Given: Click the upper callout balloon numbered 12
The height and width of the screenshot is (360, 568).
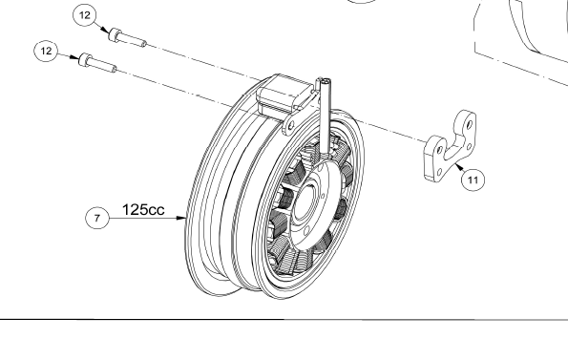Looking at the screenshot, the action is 84,15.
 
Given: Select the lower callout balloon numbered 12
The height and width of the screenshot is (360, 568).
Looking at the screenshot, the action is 46,51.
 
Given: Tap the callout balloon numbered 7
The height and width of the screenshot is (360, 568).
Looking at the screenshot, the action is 96,218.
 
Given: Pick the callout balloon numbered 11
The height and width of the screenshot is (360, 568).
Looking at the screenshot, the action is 473,180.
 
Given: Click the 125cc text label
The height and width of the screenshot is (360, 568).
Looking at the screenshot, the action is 143,210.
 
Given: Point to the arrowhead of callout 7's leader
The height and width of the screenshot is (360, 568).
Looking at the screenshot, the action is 181,218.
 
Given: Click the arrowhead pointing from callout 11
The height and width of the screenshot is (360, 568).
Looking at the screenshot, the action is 458,166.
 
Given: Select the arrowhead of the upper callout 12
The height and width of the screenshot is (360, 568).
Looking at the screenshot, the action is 105,30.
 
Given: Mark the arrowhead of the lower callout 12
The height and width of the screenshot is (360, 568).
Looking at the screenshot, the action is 74,57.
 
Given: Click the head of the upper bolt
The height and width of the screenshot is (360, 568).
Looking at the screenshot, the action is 115,34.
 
